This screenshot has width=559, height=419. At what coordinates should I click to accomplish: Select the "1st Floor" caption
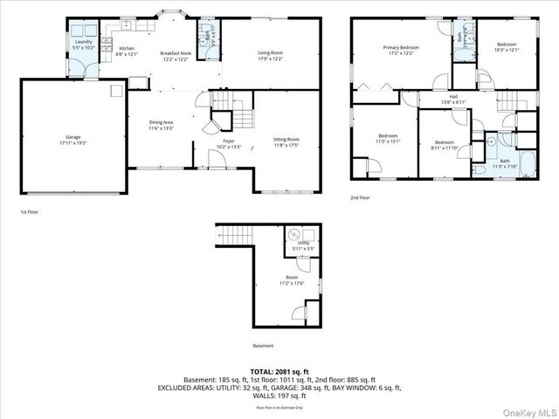tap(29, 212)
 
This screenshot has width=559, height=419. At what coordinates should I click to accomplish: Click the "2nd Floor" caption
tap(360, 197)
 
